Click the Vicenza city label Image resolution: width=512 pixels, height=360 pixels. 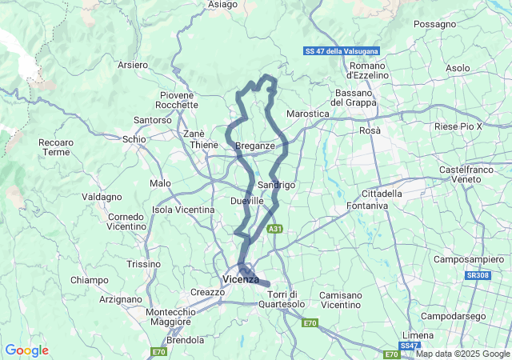[x=241, y=279]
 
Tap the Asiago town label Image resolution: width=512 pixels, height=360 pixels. [x=222, y=5]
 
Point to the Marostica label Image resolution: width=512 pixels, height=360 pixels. [x=308, y=114]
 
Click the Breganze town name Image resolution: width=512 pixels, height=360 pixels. [x=255, y=146]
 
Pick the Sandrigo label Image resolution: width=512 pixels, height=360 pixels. [x=278, y=185]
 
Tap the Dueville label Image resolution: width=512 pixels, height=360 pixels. [x=246, y=201]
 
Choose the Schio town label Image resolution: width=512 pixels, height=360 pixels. [x=134, y=139]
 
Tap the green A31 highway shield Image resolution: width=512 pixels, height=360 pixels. [x=275, y=229]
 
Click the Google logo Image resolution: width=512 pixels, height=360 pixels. [x=26, y=350]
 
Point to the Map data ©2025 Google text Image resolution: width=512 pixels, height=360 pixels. [x=462, y=354]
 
